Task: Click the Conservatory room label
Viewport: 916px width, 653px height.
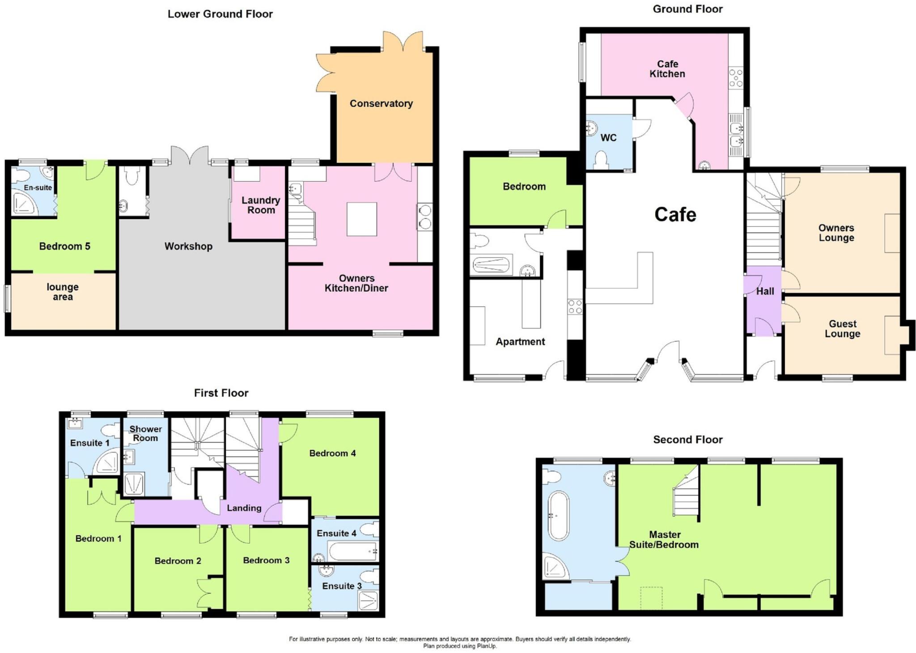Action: [381, 103]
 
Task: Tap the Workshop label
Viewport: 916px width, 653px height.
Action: [188, 246]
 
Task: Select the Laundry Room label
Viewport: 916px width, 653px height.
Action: [261, 205]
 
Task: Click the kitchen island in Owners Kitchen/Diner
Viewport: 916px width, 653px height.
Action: [362, 219]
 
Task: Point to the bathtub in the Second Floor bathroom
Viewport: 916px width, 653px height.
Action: [559, 516]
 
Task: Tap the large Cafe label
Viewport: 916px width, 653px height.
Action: [675, 215]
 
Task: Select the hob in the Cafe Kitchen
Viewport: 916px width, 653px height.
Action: [736, 77]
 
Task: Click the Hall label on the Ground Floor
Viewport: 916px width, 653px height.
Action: [765, 291]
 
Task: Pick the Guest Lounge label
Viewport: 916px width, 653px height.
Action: [842, 329]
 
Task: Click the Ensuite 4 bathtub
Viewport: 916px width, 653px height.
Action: [352, 551]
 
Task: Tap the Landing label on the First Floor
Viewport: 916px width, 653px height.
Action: [244, 508]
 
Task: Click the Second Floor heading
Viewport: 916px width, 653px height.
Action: [687, 440]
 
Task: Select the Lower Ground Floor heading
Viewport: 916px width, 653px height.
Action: [220, 14]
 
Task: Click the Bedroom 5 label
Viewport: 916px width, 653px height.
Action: [64, 246]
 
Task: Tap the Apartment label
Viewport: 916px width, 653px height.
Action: [520, 342]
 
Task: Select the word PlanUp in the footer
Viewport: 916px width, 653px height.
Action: [486, 646]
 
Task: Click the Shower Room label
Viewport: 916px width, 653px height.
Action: [145, 433]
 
